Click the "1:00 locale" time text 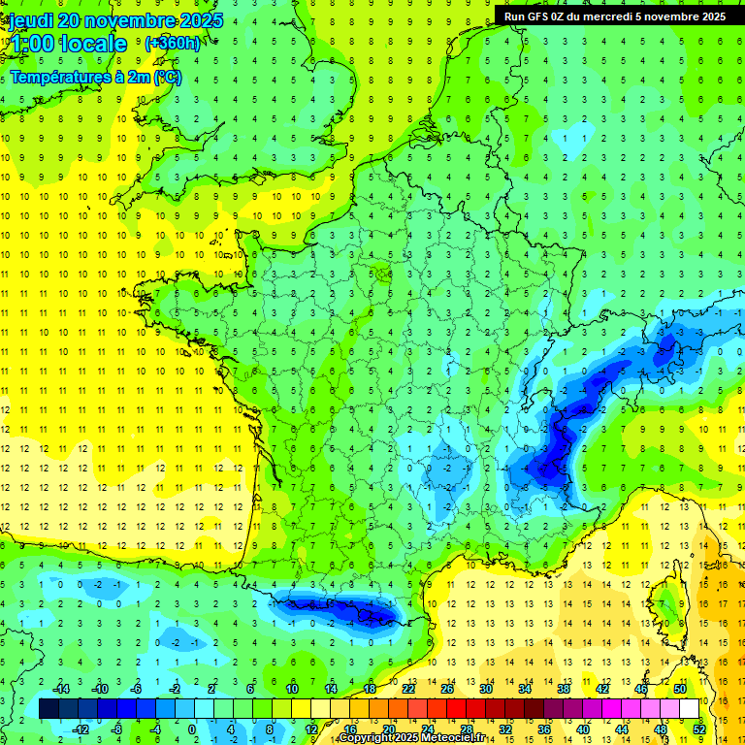68,44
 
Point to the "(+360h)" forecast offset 172,43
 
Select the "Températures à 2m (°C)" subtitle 95,78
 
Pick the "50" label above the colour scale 679,689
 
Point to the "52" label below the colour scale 698,729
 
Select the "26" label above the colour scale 447,689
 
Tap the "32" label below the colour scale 505,729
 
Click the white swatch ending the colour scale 689,709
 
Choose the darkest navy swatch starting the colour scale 49,709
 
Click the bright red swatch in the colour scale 457,709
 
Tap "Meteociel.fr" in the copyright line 457,738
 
